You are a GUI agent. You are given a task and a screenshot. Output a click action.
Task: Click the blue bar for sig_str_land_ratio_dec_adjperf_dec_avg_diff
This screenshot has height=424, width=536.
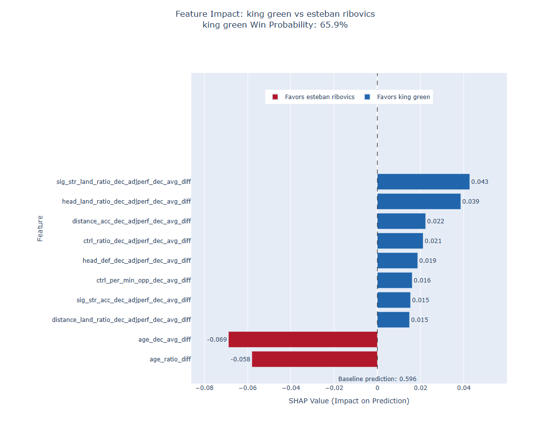tap(423, 182)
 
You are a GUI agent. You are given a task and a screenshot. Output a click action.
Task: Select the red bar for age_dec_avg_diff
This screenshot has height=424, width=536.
tap(303, 340)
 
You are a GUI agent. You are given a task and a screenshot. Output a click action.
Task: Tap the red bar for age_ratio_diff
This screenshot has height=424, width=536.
tap(315, 359)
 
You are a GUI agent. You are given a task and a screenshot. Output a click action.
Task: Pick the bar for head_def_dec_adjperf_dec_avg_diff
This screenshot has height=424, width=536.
tap(397, 261)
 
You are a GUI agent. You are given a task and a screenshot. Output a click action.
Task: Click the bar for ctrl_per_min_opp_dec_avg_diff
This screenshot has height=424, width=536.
tap(394, 281)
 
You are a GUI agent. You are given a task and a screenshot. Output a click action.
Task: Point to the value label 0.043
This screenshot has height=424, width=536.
tap(480, 182)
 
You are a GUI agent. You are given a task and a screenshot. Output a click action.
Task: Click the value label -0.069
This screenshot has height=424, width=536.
tap(217, 340)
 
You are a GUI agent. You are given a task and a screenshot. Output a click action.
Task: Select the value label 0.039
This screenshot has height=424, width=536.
tap(471, 202)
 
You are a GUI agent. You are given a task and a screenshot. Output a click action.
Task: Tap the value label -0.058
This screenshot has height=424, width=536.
tap(240, 359)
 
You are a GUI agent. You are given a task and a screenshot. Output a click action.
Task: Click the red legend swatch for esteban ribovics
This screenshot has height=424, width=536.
tap(275, 97)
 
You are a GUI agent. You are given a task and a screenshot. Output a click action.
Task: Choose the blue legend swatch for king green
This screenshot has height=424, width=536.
tap(367, 97)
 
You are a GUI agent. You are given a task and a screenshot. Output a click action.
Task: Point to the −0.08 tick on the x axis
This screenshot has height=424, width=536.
tap(205, 388)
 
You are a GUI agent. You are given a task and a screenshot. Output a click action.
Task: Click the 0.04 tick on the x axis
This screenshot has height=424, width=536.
tap(464, 388)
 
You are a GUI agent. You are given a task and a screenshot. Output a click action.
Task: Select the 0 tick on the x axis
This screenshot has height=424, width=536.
tap(377, 388)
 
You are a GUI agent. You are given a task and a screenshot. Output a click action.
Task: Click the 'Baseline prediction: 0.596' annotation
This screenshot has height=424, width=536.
tap(377, 379)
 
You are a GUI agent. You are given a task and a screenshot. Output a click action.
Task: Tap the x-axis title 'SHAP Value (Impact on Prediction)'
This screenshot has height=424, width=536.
tap(349, 401)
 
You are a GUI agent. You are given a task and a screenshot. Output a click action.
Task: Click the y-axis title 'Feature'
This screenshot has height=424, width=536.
tap(40, 229)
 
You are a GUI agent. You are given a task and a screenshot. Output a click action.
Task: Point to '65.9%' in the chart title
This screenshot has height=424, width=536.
tap(334, 25)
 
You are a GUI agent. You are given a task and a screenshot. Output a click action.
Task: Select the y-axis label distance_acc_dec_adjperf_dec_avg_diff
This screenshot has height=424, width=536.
tap(132, 221)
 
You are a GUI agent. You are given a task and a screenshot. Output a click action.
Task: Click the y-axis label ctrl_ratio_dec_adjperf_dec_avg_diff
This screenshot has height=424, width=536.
tap(137, 241)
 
